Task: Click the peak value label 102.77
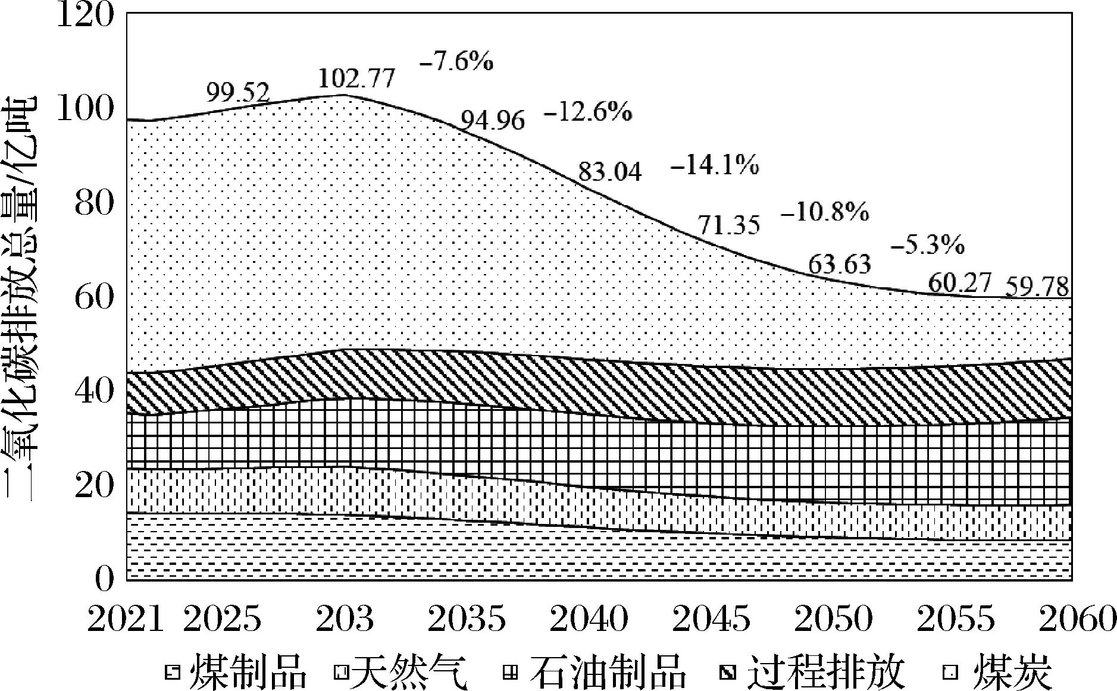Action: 356,78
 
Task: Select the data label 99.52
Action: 237,93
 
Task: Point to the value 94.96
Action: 493,121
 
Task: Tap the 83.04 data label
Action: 610,172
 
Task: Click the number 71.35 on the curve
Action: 728,226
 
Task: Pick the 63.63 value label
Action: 839,263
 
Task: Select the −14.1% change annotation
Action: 714,165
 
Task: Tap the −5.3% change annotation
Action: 928,244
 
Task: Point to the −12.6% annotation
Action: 587,112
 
